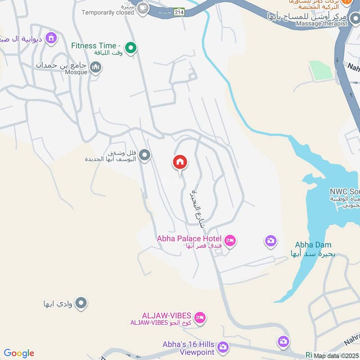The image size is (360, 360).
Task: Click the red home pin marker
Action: pyautogui.click(x=180, y=163)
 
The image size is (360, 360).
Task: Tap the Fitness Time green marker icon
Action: pyautogui.click(x=130, y=47)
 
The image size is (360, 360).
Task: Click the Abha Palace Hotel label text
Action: pyautogui.click(x=189, y=238)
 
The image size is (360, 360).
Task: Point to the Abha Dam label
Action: pyautogui.click(x=313, y=245)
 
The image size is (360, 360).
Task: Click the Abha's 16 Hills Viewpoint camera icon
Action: pyautogui.click(x=222, y=347)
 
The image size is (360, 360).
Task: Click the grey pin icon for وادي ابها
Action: pyautogui.click(x=81, y=303)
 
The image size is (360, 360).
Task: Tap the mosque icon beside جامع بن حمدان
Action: pyautogui.click(x=95, y=68)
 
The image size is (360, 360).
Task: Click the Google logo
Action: pyautogui.click(x=19, y=353)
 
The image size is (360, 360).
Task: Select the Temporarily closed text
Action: pyautogui.click(x=108, y=13)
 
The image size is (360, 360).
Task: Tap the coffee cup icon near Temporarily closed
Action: pyautogui.click(x=143, y=9)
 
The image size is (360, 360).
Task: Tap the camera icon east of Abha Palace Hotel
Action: pyautogui.click(x=270, y=241)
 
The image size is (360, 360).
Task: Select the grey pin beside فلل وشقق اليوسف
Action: pyautogui.click(x=144, y=156)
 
